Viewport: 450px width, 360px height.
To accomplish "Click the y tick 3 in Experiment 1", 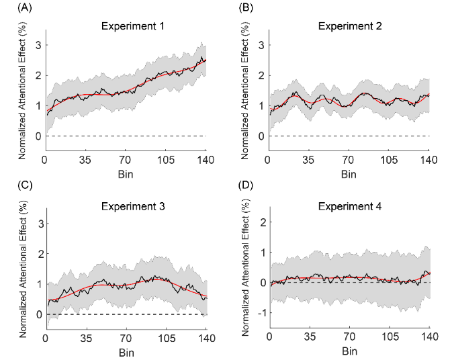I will click(x=38, y=45).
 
